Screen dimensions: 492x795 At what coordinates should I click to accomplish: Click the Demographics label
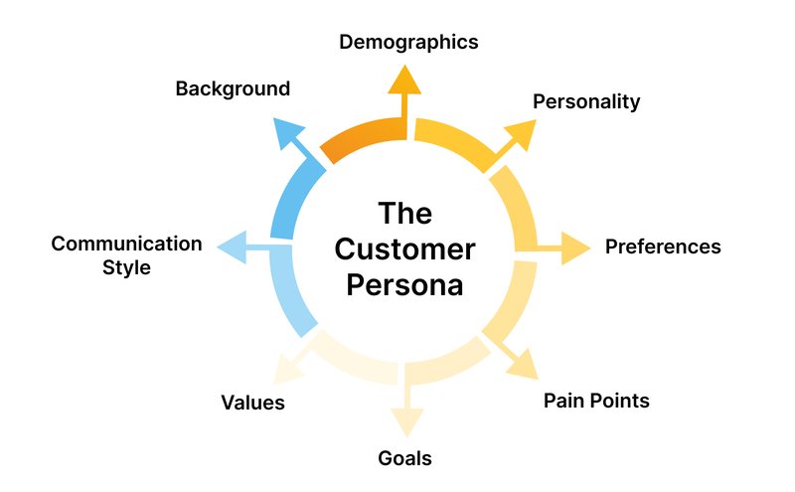408,42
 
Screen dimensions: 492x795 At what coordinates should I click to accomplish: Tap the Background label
233,88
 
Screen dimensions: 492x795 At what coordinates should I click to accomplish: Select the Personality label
586,101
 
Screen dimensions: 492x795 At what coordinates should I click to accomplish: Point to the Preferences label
663,246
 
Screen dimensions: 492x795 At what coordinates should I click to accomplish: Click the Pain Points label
596,401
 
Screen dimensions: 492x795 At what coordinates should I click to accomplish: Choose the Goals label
404,458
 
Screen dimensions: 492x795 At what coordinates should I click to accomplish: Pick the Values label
252,403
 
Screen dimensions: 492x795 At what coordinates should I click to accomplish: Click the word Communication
126,244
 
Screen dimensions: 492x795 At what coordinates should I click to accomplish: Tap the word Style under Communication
126,267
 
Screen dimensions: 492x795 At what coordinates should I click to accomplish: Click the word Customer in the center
404,248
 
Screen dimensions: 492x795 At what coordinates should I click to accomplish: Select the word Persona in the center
404,285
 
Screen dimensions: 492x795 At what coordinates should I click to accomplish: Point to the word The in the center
403,213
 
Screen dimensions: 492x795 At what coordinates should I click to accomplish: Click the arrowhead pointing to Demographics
402,81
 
